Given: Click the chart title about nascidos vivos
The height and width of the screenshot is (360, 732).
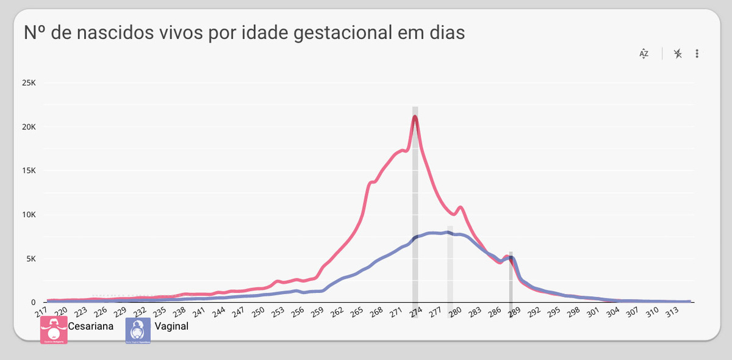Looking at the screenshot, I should pos(244,32).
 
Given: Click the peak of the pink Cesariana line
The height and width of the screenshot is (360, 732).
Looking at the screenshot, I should pos(415,117).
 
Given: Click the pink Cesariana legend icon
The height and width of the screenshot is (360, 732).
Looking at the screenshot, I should pos(54,330).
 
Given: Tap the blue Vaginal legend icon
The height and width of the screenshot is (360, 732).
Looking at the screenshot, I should pos(138,330).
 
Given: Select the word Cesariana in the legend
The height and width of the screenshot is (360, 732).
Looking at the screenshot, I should pos(92,326).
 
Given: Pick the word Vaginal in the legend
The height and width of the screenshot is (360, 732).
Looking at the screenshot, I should pos(172,326).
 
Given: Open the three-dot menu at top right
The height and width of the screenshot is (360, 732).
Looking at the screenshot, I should pos(697,54).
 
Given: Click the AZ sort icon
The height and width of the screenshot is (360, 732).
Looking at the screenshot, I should pos(644,54).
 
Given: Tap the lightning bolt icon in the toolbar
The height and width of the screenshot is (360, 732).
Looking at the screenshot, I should pos(678,54).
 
